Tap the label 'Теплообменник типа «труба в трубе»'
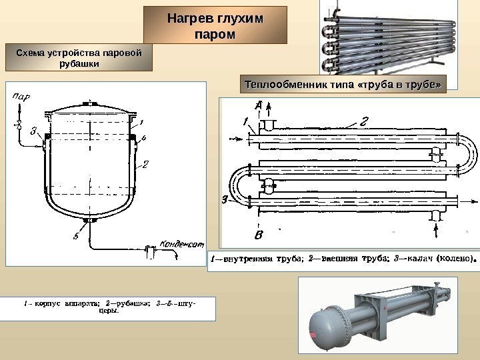click(x=343, y=85)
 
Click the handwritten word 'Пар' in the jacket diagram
click(x=21, y=97)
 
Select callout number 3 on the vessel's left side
click(x=33, y=131)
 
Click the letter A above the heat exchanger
click(x=258, y=105)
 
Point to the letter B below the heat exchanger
click(x=259, y=235)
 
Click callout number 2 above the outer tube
click(x=364, y=121)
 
